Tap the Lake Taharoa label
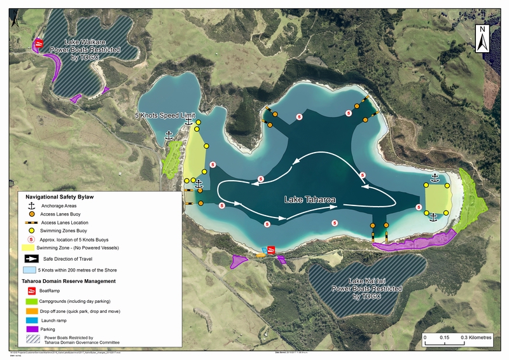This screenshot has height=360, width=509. tap(310, 199)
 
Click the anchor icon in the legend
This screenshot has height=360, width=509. tap(31, 207)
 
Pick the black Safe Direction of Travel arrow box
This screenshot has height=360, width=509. tap(31, 259)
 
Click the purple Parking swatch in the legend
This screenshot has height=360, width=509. tap(31, 329)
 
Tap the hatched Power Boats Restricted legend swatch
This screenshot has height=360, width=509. tap(31, 340)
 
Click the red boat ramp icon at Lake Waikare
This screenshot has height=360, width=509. tap(39, 43)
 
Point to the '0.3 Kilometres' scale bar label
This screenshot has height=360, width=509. tap(474, 338)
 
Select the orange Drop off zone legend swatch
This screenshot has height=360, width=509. tap(31, 311)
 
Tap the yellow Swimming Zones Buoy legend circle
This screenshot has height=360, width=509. tap(31, 230)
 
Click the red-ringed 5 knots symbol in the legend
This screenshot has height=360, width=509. tap(31, 239)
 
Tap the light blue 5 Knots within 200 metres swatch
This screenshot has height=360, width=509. tap(31, 270)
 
